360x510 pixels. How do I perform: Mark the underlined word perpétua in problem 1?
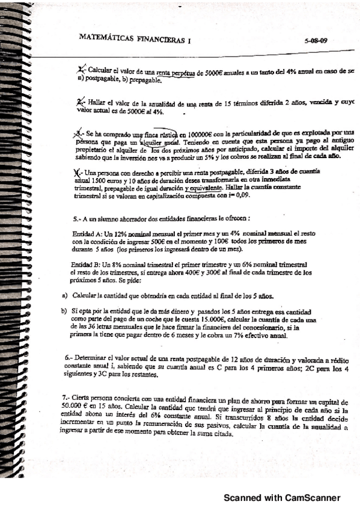click(178, 71)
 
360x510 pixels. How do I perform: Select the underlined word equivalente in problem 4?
click(204, 188)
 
